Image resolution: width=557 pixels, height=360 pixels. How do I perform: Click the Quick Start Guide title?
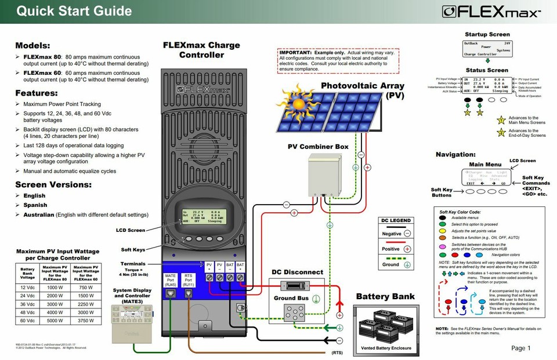coord(74,11)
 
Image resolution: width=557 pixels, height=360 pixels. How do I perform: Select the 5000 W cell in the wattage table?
coord(55,321)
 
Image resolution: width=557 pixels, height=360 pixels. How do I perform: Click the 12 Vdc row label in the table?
coord(27,288)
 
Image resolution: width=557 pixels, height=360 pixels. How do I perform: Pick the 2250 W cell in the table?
coord(86,304)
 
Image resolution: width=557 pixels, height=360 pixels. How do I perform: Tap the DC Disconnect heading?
coord(297,272)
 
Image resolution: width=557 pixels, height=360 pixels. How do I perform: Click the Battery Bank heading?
coord(385,296)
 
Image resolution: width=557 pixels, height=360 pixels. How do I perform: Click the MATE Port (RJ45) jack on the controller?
coord(171,294)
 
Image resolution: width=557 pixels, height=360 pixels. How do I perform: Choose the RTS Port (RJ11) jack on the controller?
coord(188,294)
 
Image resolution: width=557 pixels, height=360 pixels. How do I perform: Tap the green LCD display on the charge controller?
coord(202,216)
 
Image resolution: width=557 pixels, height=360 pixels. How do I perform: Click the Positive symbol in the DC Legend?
coord(407,249)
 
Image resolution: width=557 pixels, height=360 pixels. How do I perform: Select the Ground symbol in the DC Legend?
coord(407,264)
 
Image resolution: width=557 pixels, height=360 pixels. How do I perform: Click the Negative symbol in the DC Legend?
coord(407,233)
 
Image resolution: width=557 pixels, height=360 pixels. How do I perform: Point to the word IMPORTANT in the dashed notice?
coord(295,52)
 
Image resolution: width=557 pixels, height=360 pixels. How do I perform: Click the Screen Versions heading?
coord(53,184)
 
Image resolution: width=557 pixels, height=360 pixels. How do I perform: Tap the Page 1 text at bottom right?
coord(520,348)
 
